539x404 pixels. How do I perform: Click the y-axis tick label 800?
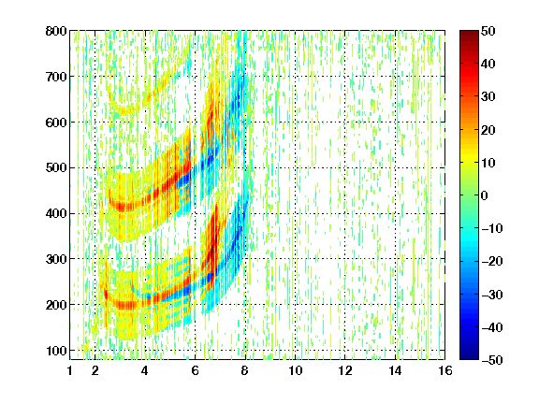click(x=56, y=31)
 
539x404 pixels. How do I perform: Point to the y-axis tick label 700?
click(x=56, y=77)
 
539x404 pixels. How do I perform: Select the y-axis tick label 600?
click(x=56, y=123)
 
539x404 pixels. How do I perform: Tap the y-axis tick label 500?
click(x=56, y=168)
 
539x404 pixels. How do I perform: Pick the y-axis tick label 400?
click(x=56, y=213)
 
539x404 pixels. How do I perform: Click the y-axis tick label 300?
click(x=56, y=259)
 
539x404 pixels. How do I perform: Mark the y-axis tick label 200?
click(x=56, y=304)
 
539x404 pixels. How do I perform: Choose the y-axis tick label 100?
click(x=56, y=351)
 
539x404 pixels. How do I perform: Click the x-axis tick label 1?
click(x=70, y=370)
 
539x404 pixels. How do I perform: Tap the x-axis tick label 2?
click(x=95, y=370)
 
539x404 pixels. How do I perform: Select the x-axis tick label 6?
click(x=195, y=370)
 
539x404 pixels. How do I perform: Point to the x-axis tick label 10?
click(x=295, y=370)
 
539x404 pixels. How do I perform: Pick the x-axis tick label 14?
click(x=395, y=370)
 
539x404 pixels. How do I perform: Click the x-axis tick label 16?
click(x=445, y=370)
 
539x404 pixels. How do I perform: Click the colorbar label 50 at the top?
click(x=488, y=31)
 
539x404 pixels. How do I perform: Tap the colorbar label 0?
click(x=485, y=195)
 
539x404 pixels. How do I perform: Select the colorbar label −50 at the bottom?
click(x=492, y=360)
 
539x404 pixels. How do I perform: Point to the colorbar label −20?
click(x=492, y=261)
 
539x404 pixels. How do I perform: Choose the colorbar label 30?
click(x=488, y=97)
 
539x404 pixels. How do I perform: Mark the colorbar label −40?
click(x=492, y=327)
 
